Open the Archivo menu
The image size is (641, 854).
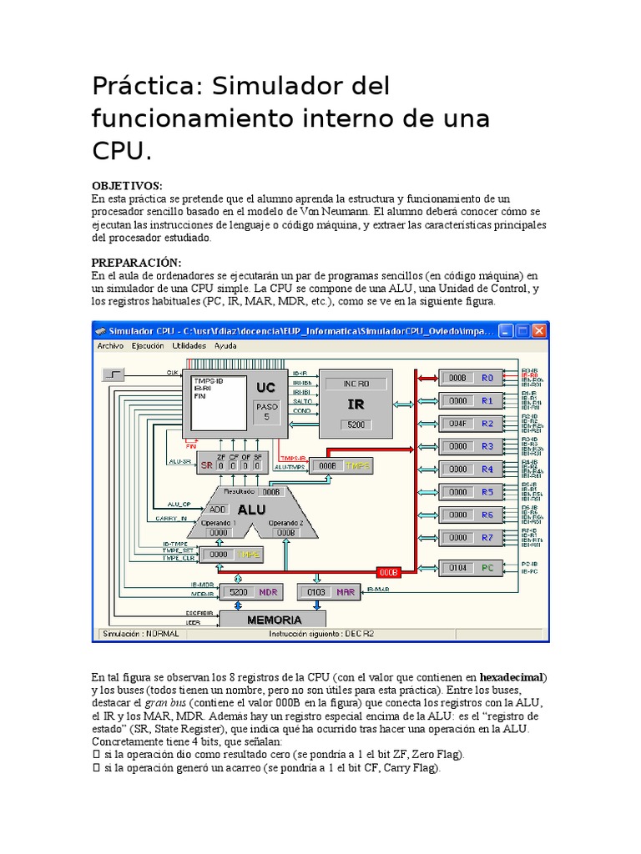click(x=110, y=345)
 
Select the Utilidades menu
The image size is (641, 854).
click(x=189, y=345)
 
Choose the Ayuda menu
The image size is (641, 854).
click(x=225, y=345)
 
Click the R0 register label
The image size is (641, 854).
click(x=487, y=378)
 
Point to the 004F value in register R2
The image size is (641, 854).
click(x=457, y=424)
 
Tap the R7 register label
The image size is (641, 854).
click(x=487, y=538)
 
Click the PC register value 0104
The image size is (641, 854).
click(x=457, y=568)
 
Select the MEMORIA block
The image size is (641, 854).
click(x=274, y=620)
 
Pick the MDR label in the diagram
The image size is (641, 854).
click(x=268, y=592)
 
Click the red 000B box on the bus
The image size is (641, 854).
click(x=390, y=573)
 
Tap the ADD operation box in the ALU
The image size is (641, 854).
click(x=218, y=509)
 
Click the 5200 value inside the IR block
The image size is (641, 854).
click(x=355, y=425)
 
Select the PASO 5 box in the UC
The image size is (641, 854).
click(x=266, y=410)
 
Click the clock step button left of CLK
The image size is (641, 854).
click(x=114, y=374)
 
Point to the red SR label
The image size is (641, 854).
click(x=206, y=465)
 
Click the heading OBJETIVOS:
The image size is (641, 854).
click(x=127, y=185)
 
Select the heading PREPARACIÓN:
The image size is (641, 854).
click(x=136, y=263)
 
